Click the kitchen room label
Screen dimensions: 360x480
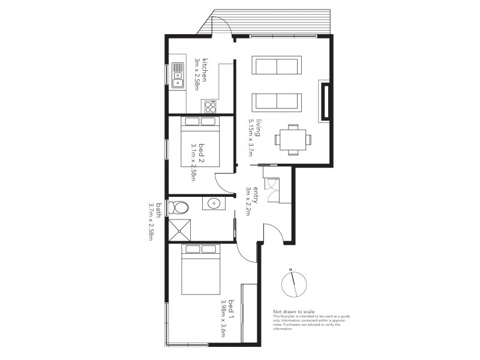coord(205,70)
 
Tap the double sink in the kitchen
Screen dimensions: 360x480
coord(178,76)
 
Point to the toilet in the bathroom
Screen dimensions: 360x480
coord(179,208)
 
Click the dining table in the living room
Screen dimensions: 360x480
coord(293,139)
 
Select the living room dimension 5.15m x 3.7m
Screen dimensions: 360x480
coord(251,137)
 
